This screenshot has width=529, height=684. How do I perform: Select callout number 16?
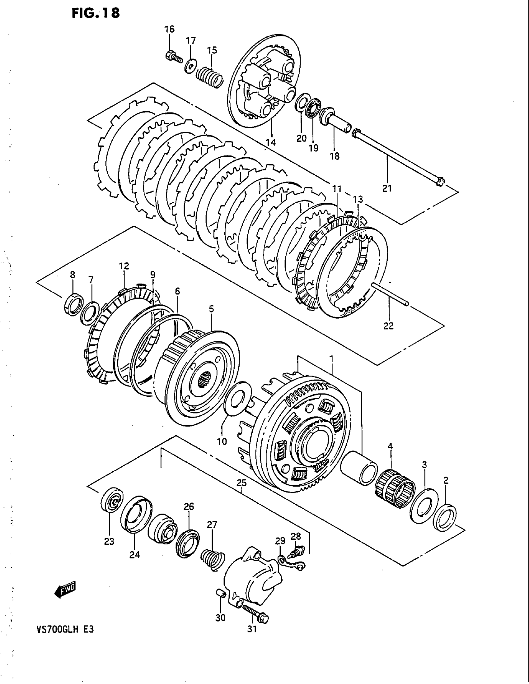pyautogui.click(x=170, y=30)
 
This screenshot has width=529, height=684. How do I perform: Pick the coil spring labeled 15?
pyautogui.click(x=210, y=78)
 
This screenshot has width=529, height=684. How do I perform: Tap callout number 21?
pyautogui.click(x=387, y=188)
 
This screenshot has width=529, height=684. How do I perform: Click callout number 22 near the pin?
pyautogui.click(x=388, y=326)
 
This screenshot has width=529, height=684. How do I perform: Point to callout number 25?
pyautogui.click(x=241, y=483)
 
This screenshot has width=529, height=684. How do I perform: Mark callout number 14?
pyautogui.click(x=271, y=142)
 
